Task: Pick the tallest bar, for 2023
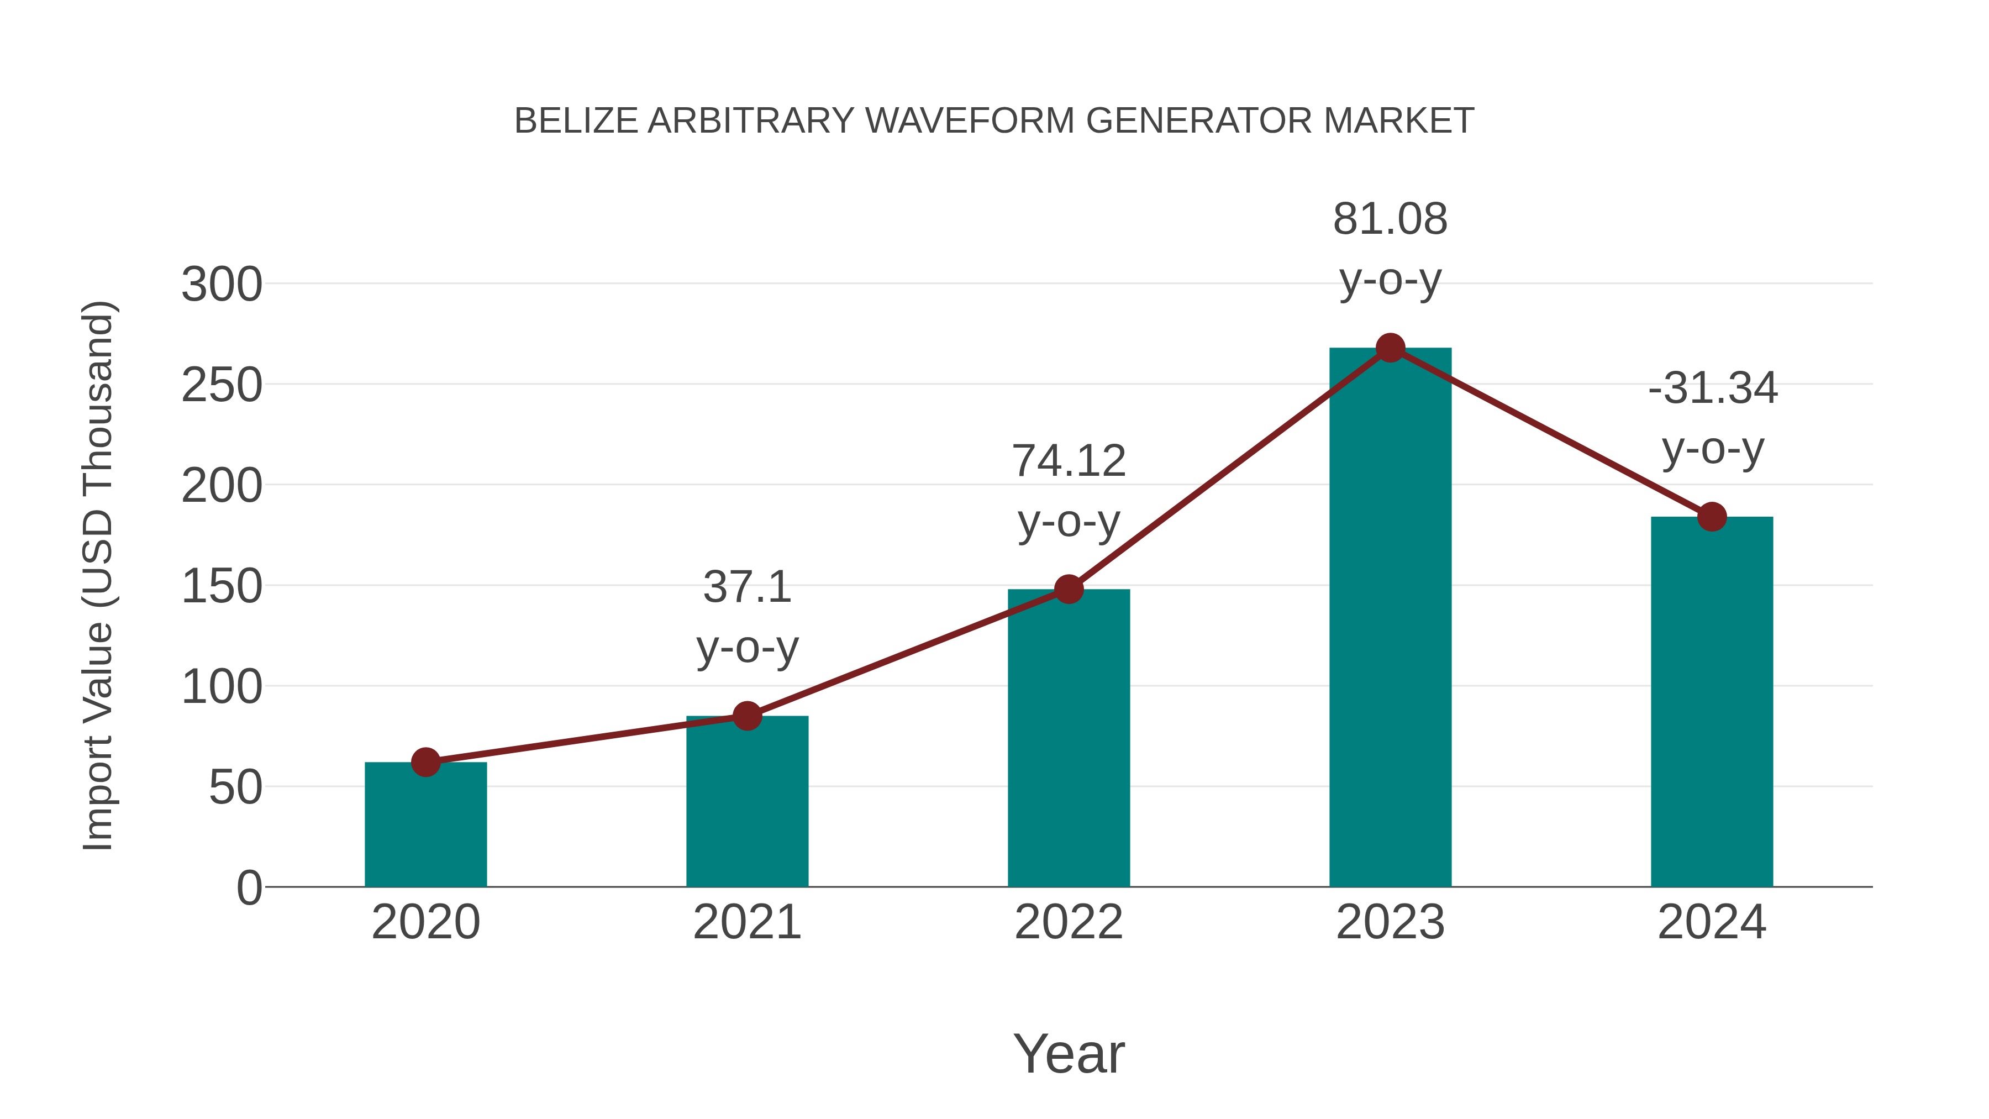(1390, 618)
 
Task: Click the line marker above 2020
(425, 762)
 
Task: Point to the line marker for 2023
(1390, 348)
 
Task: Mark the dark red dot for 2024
(1712, 517)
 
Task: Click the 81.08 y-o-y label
(1390, 249)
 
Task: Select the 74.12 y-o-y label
(1069, 491)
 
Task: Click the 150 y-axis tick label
(222, 586)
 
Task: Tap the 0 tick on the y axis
(249, 887)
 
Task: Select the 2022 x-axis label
(1069, 922)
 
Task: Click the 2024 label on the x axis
(1712, 922)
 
